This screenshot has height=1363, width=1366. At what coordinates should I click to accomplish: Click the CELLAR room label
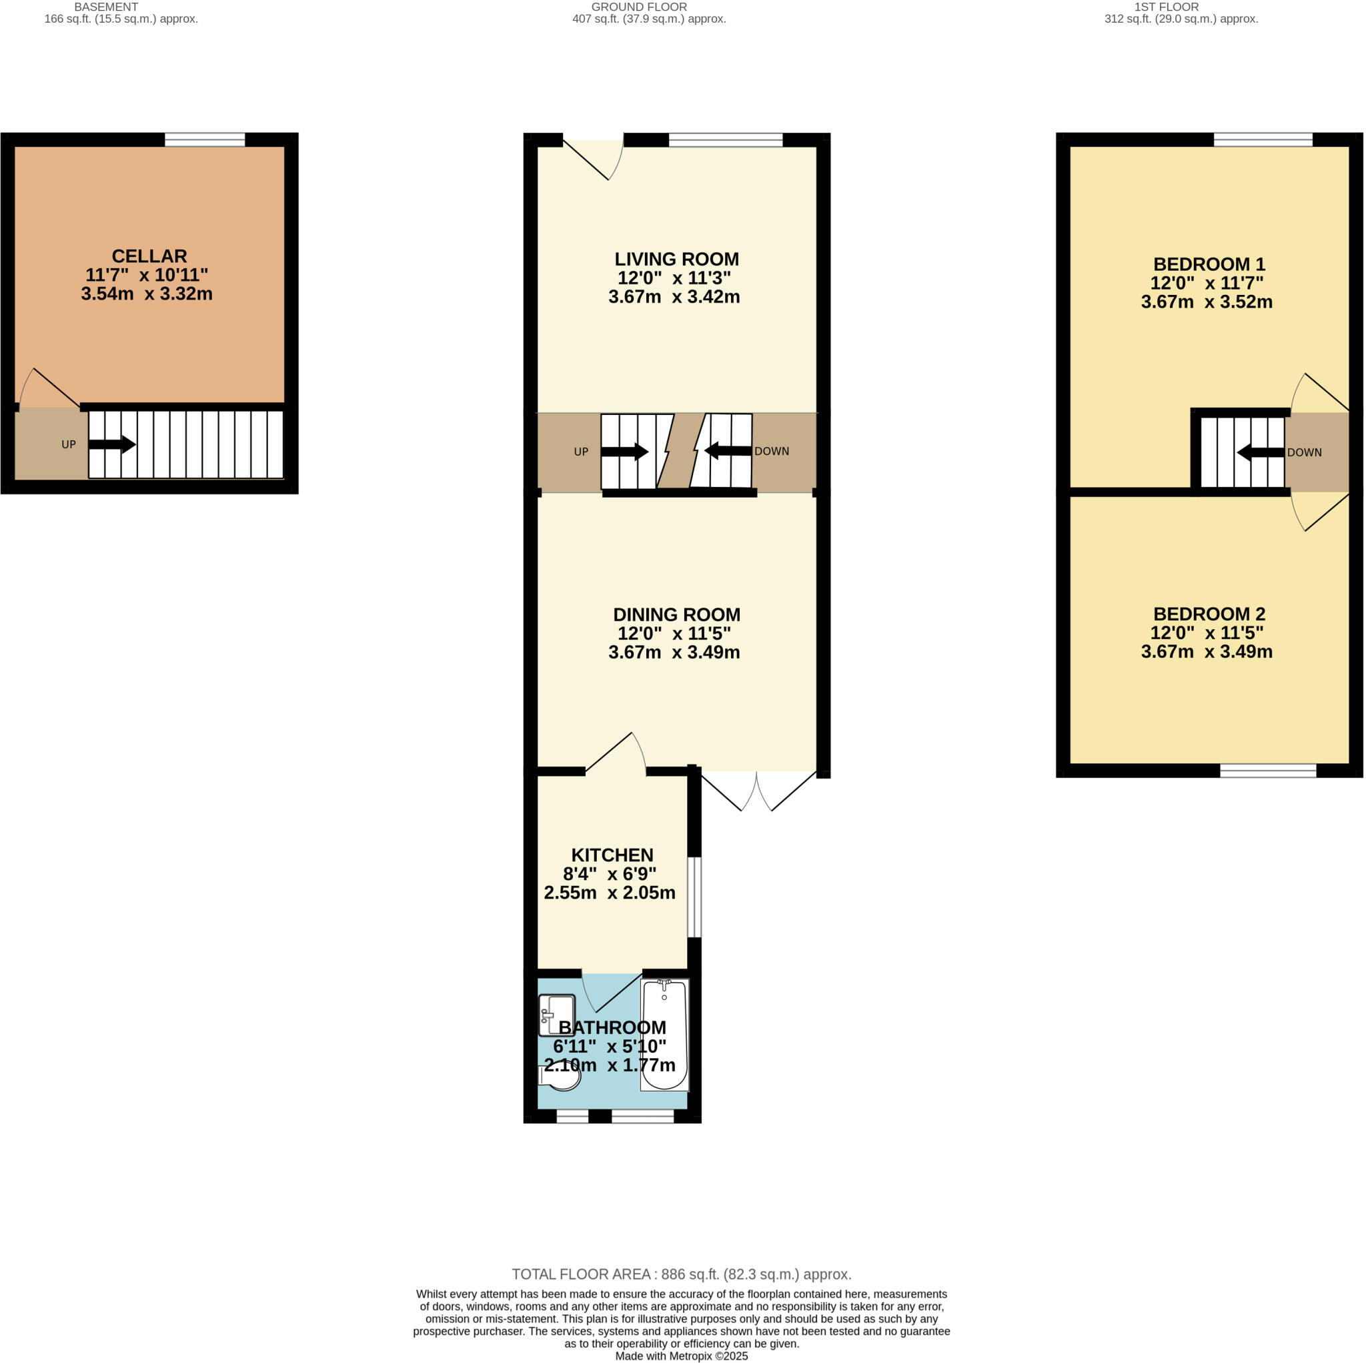pos(149,256)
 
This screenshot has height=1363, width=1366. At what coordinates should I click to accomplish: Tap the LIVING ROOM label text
pos(676,259)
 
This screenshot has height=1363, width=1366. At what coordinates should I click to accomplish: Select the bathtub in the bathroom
pos(664,1035)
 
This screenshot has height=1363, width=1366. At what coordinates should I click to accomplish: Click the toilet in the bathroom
pos(561,1077)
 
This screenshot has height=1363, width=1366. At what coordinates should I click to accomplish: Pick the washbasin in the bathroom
pos(556,1015)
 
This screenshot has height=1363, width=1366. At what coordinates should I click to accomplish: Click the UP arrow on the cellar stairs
pos(111,444)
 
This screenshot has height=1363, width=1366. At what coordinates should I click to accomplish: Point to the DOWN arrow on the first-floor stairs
pos(1260,452)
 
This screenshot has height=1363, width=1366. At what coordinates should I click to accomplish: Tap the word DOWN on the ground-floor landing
pos(772,451)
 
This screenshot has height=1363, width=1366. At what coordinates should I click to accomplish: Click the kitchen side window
pos(694,897)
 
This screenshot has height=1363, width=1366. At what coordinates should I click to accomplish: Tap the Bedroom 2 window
pos(1268,771)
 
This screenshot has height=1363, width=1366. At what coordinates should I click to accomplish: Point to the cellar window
pos(204,140)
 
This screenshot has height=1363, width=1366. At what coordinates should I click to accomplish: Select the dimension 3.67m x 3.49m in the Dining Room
pos(673,652)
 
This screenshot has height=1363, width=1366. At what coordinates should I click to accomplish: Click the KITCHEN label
pos(612,855)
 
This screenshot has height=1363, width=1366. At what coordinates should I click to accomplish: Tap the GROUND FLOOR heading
pos(638,7)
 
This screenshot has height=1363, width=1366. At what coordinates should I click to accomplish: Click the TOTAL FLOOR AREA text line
pos(681,1274)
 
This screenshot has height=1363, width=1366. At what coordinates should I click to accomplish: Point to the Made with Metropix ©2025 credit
pos(681,1356)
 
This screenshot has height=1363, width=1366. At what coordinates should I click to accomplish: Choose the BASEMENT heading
pos(106,7)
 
